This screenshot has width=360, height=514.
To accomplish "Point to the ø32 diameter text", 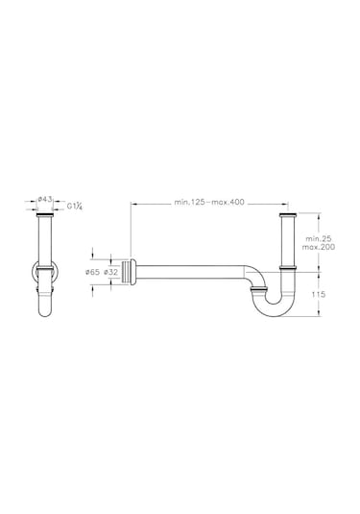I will pyautogui.click(x=111, y=272).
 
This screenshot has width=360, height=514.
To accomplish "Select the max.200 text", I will pyautogui.click(x=318, y=247).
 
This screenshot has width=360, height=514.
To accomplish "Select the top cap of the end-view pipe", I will pyautogui.click(x=43, y=217).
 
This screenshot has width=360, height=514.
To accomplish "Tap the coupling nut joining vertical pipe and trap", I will pyautogui.click(x=285, y=266).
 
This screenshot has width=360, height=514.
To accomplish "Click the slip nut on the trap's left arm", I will pyautogui.click(x=257, y=286).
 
